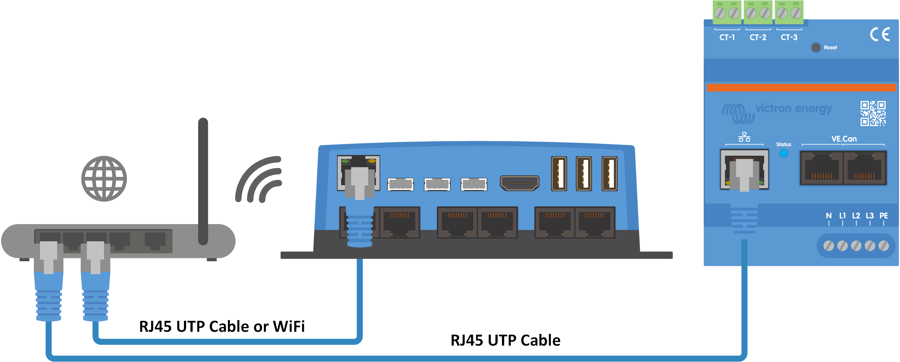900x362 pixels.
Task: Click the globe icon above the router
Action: click(x=104, y=179)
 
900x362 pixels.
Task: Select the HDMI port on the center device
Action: click(x=519, y=183)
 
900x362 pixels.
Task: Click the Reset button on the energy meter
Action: click(x=816, y=48)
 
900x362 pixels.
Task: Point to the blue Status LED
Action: click(x=784, y=154)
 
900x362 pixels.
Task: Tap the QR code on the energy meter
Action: click(x=873, y=114)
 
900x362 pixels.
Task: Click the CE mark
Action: click(x=880, y=35)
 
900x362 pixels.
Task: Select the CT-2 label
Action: click(x=758, y=37)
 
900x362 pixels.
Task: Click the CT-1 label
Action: click(x=727, y=37)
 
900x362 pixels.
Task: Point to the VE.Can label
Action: click(x=844, y=139)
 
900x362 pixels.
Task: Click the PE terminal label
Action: click(x=884, y=216)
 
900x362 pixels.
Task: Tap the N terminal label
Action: click(x=829, y=216)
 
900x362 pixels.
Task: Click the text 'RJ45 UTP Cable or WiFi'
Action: click(x=222, y=326)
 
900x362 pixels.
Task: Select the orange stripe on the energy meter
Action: click(x=801, y=88)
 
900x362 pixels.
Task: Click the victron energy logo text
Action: click(x=793, y=108)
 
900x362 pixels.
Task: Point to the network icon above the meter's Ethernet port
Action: click(x=744, y=137)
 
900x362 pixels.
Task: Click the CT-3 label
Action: click(x=789, y=37)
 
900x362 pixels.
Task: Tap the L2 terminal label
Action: click(x=856, y=216)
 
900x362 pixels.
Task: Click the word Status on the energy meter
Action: click(x=784, y=144)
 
